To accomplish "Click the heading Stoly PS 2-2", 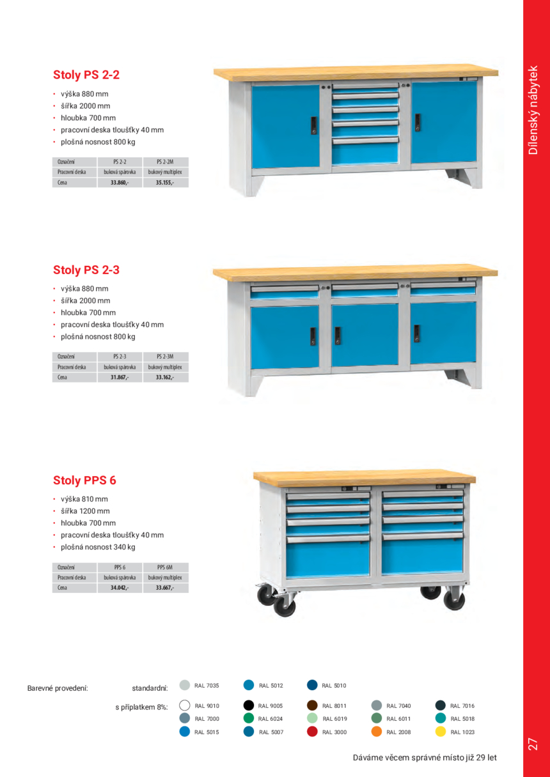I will [86, 75].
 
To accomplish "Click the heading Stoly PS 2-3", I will [86, 270].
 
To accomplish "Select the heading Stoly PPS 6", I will [84, 481].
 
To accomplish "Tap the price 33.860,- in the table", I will [119, 183].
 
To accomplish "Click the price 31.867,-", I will [119, 378].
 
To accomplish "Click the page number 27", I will [533, 744].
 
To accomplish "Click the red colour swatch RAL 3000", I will [313, 732].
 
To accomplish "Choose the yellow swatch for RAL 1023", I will [441, 732].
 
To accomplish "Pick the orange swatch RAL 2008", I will [377, 732].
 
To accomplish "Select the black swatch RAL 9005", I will [249, 706].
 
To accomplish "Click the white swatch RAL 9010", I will [185, 706].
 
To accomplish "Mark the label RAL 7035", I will [207, 686].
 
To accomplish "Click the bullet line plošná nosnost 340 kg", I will [98, 547].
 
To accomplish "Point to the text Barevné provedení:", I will [58, 689].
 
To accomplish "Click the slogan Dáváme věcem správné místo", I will [410, 758].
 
